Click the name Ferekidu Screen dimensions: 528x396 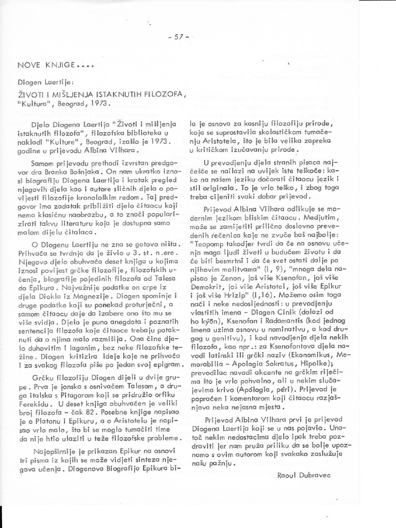(x=35, y=398)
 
